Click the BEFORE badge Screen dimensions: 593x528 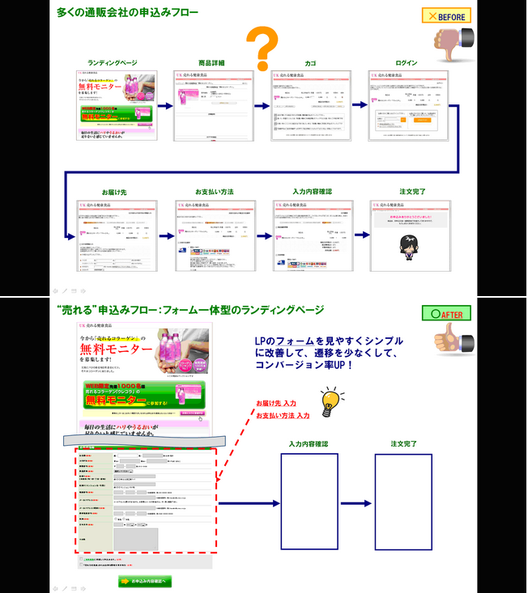(x=445, y=16)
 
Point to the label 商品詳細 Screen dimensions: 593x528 (x=211, y=62)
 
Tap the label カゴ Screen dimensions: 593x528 (x=310, y=62)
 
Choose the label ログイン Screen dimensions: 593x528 (x=407, y=62)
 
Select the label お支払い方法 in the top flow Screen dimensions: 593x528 (x=214, y=192)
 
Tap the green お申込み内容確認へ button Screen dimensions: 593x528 (x=143, y=581)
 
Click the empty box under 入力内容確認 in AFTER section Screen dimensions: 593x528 (x=309, y=502)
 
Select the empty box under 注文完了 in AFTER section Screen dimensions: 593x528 (x=402, y=502)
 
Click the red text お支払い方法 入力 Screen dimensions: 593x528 (x=283, y=415)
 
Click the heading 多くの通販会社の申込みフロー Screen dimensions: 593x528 (x=127, y=12)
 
